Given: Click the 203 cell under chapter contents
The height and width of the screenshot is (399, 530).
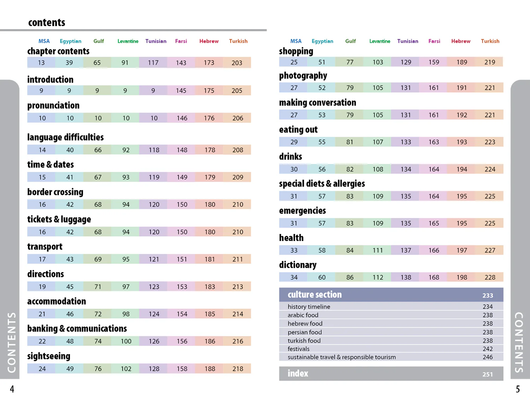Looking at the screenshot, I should pyautogui.click(x=237, y=63).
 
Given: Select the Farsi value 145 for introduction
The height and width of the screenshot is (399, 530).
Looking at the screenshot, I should pyautogui.click(x=181, y=91).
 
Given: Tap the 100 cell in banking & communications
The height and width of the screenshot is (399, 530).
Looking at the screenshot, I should pyautogui.click(x=126, y=341).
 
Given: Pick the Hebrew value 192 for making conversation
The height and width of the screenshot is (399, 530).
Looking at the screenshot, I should pyautogui.click(x=461, y=115).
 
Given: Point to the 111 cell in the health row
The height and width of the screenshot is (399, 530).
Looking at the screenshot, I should pyautogui.click(x=378, y=251).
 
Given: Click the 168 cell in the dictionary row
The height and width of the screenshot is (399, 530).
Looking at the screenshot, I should pyautogui.click(x=434, y=277).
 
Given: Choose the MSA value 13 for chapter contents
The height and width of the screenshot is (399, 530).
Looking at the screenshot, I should pyautogui.click(x=41, y=63).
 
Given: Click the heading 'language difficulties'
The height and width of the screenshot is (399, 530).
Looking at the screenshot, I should pyautogui.click(x=65, y=137).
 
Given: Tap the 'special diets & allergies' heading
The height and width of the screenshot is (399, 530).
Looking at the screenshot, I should pyautogui.click(x=322, y=184).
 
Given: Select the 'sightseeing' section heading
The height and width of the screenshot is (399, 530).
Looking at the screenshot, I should pyautogui.click(x=49, y=356).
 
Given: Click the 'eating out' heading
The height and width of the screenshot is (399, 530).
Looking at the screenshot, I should pyautogui.click(x=298, y=130).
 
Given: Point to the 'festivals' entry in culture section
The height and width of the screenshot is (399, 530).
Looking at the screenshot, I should pyautogui.click(x=298, y=349).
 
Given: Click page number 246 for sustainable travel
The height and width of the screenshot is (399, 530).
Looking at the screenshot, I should pyautogui.click(x=488, y=357).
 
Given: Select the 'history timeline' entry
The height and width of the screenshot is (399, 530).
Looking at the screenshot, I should pyautogui.click(x=309, y=307).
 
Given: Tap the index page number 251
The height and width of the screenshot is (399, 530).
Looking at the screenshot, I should pyautogui.click(x=488, y=374).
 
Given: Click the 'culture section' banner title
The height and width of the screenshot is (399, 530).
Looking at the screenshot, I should pyautogui.click(x=314, y=295).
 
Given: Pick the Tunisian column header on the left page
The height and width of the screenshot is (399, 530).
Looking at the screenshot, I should pyautogui.click(x=156, y=41).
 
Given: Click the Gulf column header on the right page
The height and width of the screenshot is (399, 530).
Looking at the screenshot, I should pyautogui.click(x=351, y=41).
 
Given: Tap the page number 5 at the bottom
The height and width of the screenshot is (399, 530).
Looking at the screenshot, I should pyautogui.click(x=518, y=389).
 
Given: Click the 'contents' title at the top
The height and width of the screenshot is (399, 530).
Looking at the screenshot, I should pyautogui.click(x=47, y=23).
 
